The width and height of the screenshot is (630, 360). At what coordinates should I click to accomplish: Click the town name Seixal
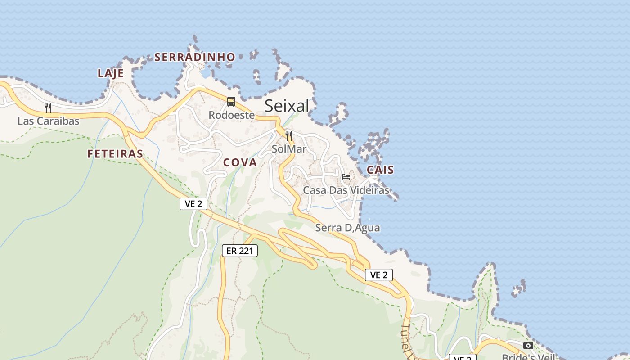coord(287,106)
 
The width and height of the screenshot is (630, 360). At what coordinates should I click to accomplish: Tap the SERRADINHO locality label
coord(195,57)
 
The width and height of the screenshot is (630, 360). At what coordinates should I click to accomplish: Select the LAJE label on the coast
coord(111,73)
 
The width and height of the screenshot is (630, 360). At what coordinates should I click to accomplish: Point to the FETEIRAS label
coord(115,154)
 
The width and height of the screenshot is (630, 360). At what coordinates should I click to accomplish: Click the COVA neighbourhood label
coord(240,162)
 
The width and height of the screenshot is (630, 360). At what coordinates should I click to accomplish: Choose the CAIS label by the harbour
coord(380,170)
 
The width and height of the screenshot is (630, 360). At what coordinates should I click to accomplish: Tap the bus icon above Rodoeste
coord(231,102)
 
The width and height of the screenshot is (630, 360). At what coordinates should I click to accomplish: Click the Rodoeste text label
coord(231,115)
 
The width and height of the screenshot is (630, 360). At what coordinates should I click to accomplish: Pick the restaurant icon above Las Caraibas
coord(48,108)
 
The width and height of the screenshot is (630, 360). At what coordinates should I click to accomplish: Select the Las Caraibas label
coord(48,121)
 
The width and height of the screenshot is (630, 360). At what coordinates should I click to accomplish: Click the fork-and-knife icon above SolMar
coord(289,135)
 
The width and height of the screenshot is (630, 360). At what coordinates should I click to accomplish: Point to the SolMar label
coord(289,149)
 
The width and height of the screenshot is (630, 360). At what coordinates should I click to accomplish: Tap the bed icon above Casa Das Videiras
coord(346,177)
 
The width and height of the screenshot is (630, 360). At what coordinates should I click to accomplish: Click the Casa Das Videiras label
coord(346,190)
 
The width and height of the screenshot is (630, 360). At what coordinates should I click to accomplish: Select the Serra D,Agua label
coord(347,228)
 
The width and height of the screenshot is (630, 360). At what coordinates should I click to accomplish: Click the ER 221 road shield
coord(240,251)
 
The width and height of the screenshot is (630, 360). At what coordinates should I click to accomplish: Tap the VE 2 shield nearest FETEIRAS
coord(193,204)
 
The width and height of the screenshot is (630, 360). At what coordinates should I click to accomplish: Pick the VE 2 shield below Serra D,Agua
coord(379,275)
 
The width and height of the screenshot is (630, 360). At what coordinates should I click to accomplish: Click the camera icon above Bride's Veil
coord(528,346)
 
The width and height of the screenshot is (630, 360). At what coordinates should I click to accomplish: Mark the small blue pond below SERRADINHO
coord(206,73)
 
